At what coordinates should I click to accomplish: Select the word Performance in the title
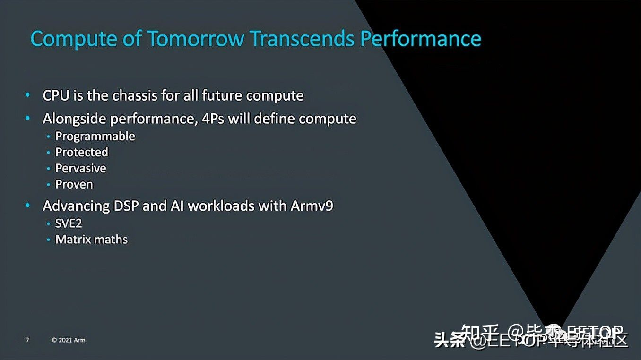[x=420, y=38]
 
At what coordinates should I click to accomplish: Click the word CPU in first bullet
[x=56, y=95]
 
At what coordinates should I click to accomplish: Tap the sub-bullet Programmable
[x=95, y=137]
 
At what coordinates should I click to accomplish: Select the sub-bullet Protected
[x=82, y=152]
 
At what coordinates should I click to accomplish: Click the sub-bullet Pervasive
[x=81, y=168]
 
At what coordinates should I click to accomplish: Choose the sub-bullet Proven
[x=74, y=184]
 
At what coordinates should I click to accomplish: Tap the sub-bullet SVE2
[x=69, y=224]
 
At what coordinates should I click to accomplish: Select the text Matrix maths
[x=91, y=240]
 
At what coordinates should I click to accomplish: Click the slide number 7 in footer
[x=27, y=340]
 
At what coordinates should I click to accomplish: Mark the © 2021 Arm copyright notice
[x=69, y=340]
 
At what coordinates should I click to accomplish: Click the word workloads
[x=222, y=206]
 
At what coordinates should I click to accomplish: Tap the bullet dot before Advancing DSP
[x=28, y=206]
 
